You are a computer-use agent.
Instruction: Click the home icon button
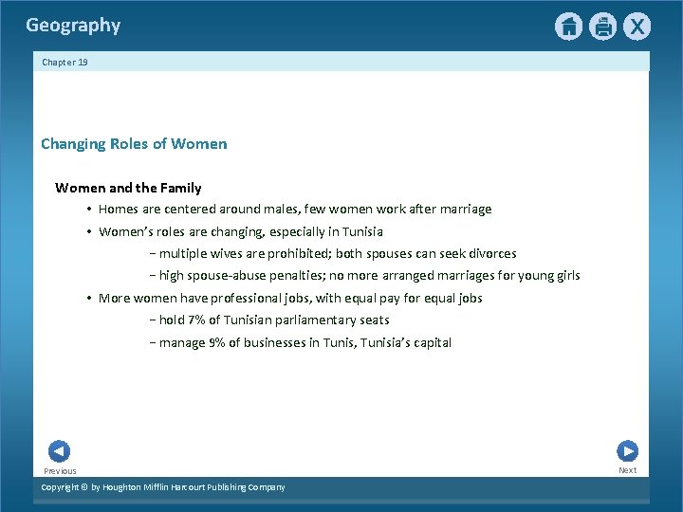568,27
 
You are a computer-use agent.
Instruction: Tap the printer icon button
602,27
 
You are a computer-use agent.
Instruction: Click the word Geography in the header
73,26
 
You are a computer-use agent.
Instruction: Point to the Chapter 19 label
65,62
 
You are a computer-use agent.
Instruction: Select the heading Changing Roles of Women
134,144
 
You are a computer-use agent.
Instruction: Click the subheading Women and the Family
128,188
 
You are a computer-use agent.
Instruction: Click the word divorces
489,253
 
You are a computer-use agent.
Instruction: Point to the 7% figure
197,320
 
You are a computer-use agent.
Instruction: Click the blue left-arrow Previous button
59,451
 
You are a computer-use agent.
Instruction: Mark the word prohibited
295,253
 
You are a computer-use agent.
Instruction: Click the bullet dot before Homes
87,210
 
